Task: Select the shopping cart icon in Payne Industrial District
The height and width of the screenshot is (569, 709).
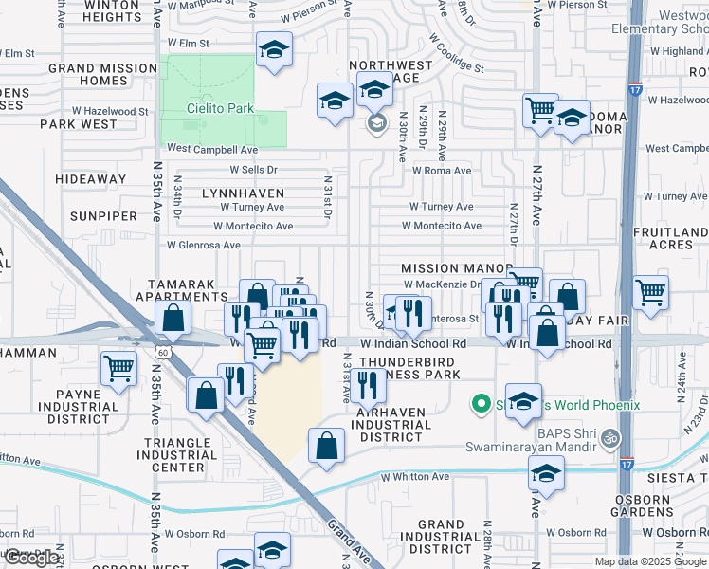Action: point(118,368)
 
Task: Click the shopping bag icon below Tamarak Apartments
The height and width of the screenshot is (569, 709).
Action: point(173,319)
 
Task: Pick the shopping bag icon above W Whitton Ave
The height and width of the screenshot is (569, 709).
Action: point(326,446)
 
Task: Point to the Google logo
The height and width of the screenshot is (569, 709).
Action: point(31,558)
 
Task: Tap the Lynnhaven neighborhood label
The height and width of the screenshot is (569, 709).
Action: point(244,193)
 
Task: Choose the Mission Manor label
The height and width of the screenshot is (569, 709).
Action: point(456,269)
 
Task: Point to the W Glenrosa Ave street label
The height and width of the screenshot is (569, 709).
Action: point(204,244)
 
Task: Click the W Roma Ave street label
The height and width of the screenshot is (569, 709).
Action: point(442,171)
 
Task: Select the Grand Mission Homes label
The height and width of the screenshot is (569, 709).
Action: point(102,74)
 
